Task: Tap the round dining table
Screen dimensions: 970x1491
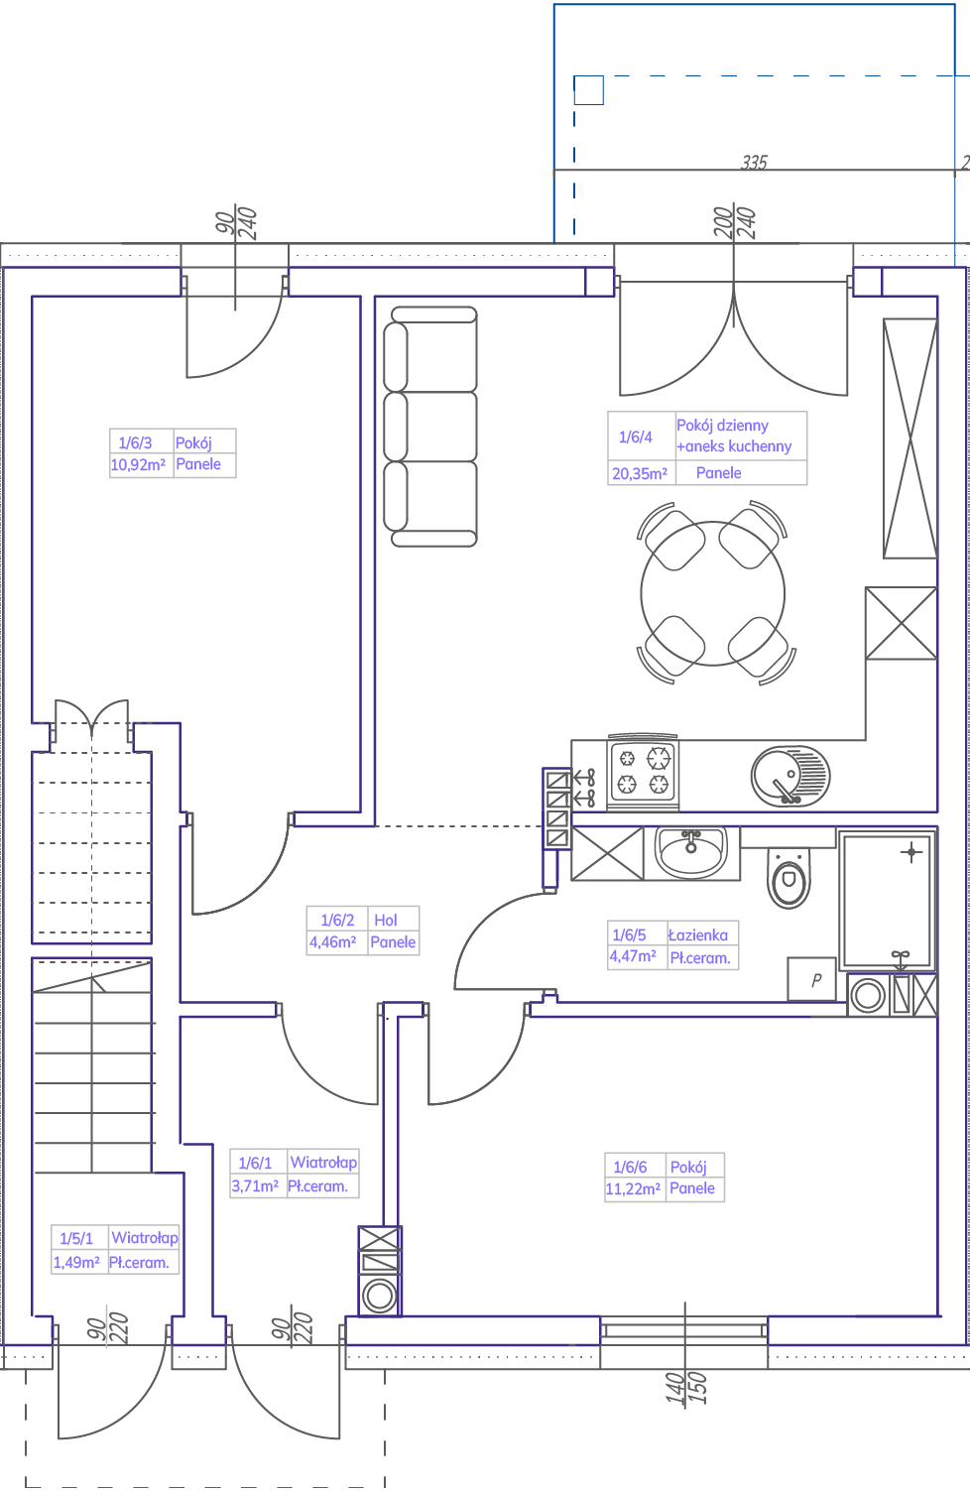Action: pos(712,593)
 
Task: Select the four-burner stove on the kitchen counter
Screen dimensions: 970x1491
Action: pos(643,772)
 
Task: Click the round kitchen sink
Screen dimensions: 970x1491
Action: pos(790,776)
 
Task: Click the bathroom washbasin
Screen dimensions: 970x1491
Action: pos(691,852)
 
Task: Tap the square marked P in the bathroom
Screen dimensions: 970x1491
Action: pos(811,979)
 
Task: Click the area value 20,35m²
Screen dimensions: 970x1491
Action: pos(640,474)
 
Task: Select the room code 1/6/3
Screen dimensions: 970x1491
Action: pos(135,442)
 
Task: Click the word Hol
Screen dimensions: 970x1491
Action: pos(385,920)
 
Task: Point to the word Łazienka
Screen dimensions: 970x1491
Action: pos(698,935)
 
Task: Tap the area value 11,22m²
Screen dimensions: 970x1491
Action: pos(633,1188)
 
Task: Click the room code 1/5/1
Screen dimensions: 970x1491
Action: pos(76,1238)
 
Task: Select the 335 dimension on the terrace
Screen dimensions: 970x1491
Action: pos(755,163)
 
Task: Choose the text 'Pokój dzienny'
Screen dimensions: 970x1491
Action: pos(722,426)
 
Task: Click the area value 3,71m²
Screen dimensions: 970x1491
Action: pos(255,1186)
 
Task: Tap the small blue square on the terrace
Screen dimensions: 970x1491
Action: pos(589,90)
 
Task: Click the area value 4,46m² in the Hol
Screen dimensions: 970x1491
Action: pos(332,942)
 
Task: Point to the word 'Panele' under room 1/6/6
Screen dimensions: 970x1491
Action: pos(692,1188)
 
